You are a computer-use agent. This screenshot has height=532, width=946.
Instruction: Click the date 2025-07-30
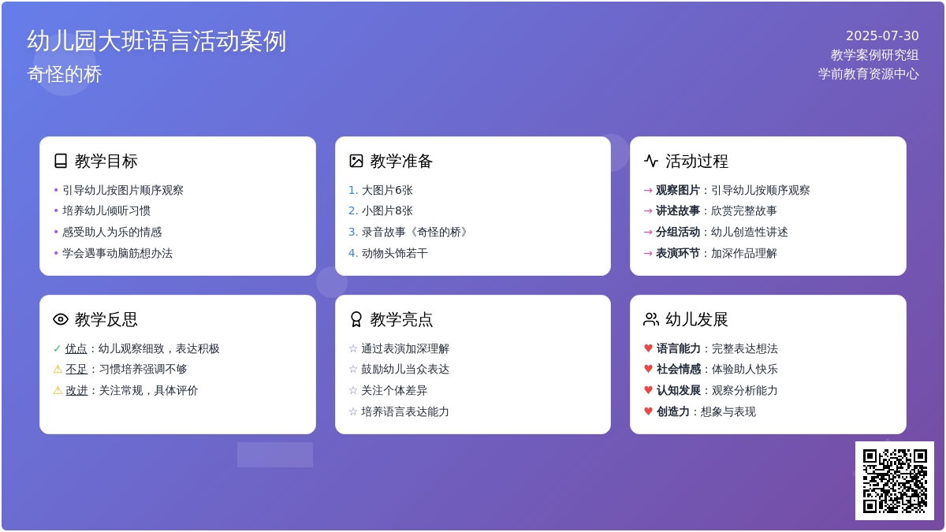point(882,35)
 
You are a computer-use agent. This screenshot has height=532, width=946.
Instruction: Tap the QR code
point(895,481)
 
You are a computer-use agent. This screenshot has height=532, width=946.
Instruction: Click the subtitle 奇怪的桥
point(65,74)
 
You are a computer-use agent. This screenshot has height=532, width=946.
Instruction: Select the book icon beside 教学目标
point(61,161)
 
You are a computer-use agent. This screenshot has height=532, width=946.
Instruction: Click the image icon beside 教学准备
point(356,161)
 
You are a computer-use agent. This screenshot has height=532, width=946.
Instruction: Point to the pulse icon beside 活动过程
point(651,161)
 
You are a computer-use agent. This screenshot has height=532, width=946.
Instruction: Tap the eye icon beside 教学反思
point(61,319)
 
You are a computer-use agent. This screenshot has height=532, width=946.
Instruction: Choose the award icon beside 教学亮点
point(356,319)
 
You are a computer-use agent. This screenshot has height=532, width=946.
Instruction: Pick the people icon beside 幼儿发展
point(651,319)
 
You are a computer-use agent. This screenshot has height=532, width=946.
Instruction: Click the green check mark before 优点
point(57,348)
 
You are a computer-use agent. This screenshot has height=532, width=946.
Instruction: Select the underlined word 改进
point(76,390)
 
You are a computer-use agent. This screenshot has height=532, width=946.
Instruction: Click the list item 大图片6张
point(387,190)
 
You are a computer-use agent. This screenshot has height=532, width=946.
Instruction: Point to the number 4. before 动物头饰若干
point(353,253)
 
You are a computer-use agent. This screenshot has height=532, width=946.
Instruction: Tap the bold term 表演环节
point(677,253)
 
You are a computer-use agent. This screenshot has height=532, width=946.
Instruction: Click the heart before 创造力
point(648,411)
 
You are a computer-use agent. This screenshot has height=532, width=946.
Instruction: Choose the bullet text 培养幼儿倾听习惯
point(106,210)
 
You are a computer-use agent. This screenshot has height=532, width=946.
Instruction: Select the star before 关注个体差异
point(353,390)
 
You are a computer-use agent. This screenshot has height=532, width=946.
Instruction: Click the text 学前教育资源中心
point(868,73)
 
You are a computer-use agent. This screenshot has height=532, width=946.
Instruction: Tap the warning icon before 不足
point(58,369)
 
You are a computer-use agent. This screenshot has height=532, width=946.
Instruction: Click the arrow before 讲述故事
point(648,210)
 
